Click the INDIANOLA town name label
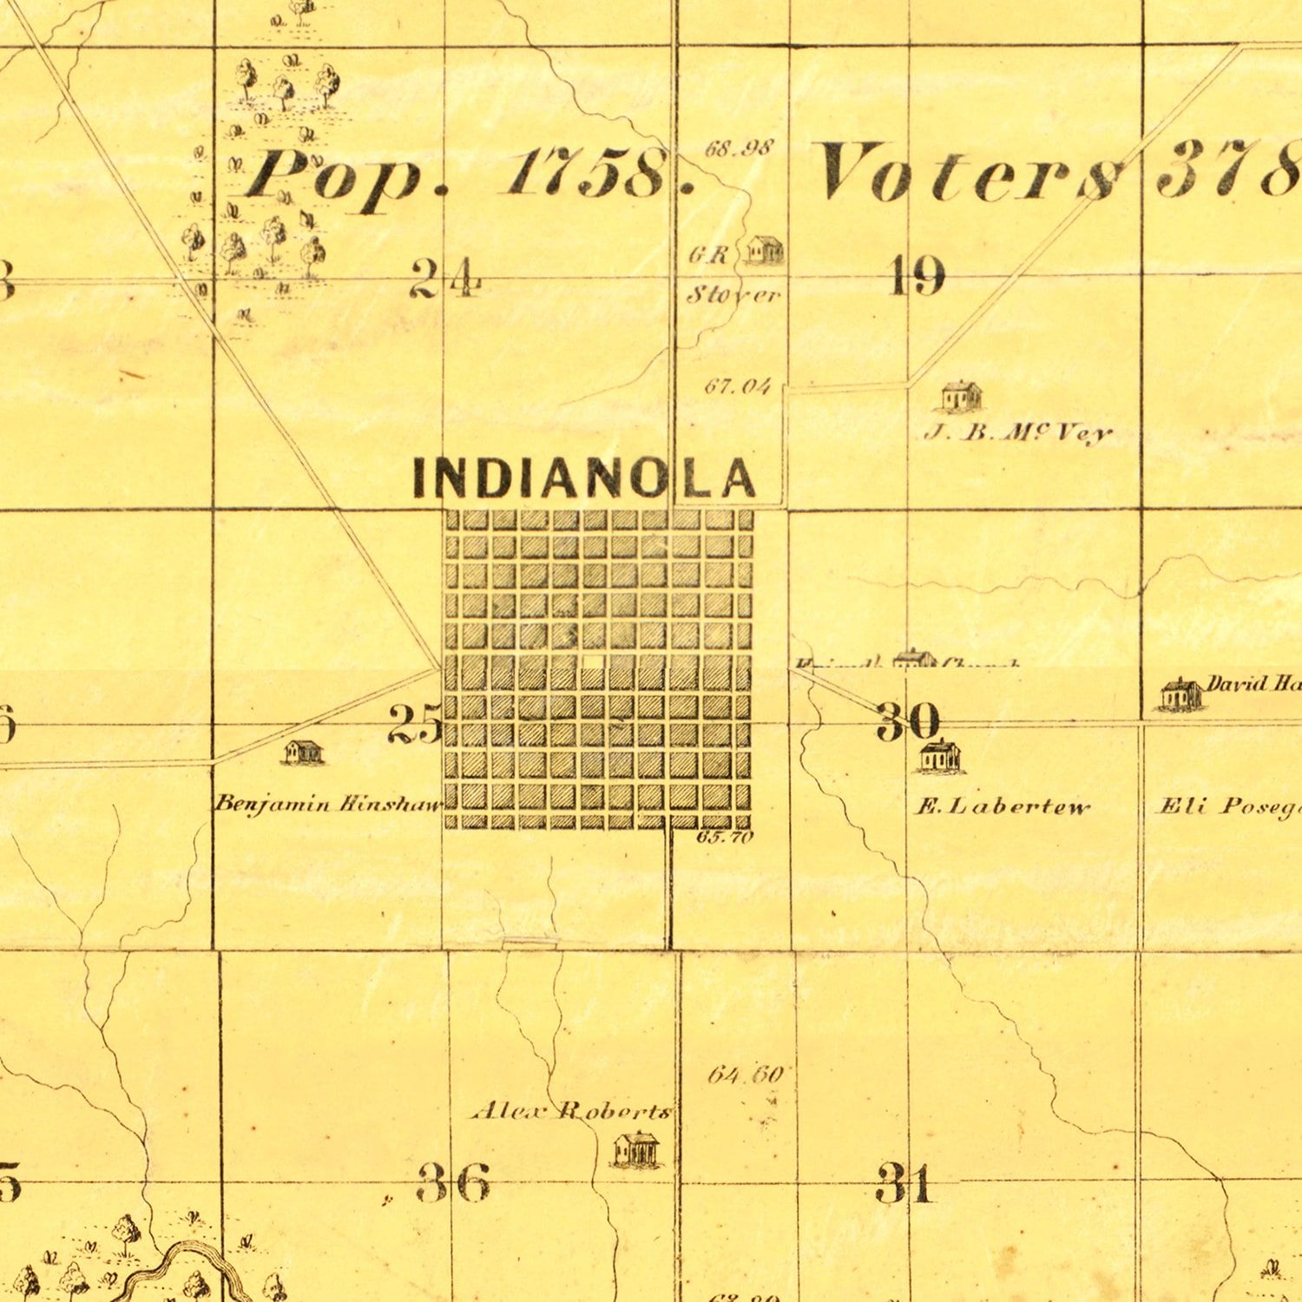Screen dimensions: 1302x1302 [x=584, y=478]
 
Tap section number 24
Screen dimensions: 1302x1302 [x=444, y=279]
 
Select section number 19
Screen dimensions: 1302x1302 [x=917, y=278]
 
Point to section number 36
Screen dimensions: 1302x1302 [x=454, y=1184]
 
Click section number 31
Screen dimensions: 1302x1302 [x=905, y=1184]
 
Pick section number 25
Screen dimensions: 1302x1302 [x=415, y=724]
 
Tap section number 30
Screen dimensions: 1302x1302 [x=908, y=720]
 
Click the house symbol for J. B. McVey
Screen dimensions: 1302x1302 [x=962, y=396]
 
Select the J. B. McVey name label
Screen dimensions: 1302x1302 [x=1017, y=432]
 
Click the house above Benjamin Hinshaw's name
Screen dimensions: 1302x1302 [x=304, y=752]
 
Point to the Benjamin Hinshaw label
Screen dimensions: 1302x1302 [x=329, y=804]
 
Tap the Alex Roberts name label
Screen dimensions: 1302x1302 [x=570, y=1111]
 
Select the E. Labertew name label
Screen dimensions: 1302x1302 [x=1003, y=808]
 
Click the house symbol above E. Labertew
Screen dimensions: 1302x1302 [x=939, y=755]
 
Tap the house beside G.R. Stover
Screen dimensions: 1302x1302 [x=765, y=250]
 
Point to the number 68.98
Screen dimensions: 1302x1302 [x=738, y=148]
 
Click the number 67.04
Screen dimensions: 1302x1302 [x=737, y=386]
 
